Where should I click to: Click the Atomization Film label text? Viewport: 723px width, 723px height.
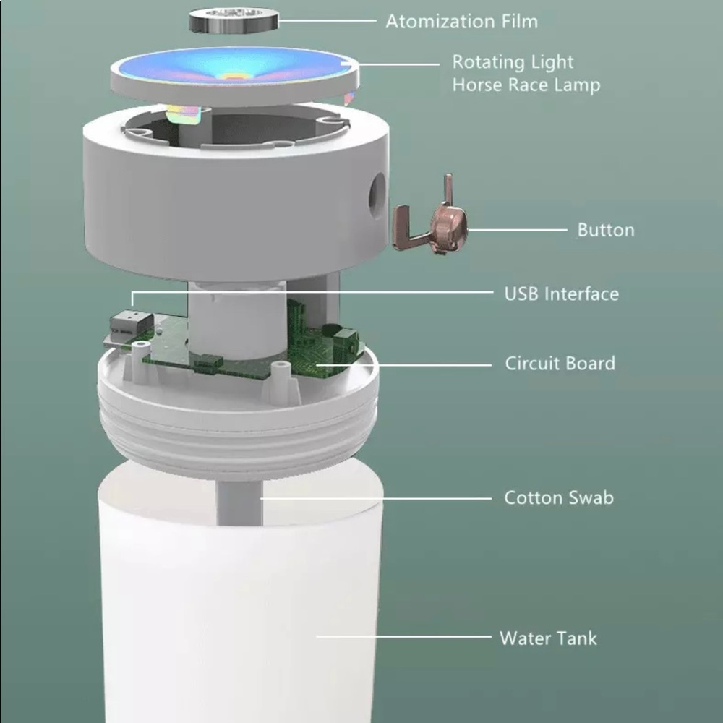click(461, 22)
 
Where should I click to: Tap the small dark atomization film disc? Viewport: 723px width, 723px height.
click(234, 20)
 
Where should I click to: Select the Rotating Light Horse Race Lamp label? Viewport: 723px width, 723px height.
click(526, 73)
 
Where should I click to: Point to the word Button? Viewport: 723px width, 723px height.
click(606, 230)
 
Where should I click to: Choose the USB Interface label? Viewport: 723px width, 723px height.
click(562, 294)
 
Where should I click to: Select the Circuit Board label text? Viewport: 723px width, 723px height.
click(560, 364)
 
